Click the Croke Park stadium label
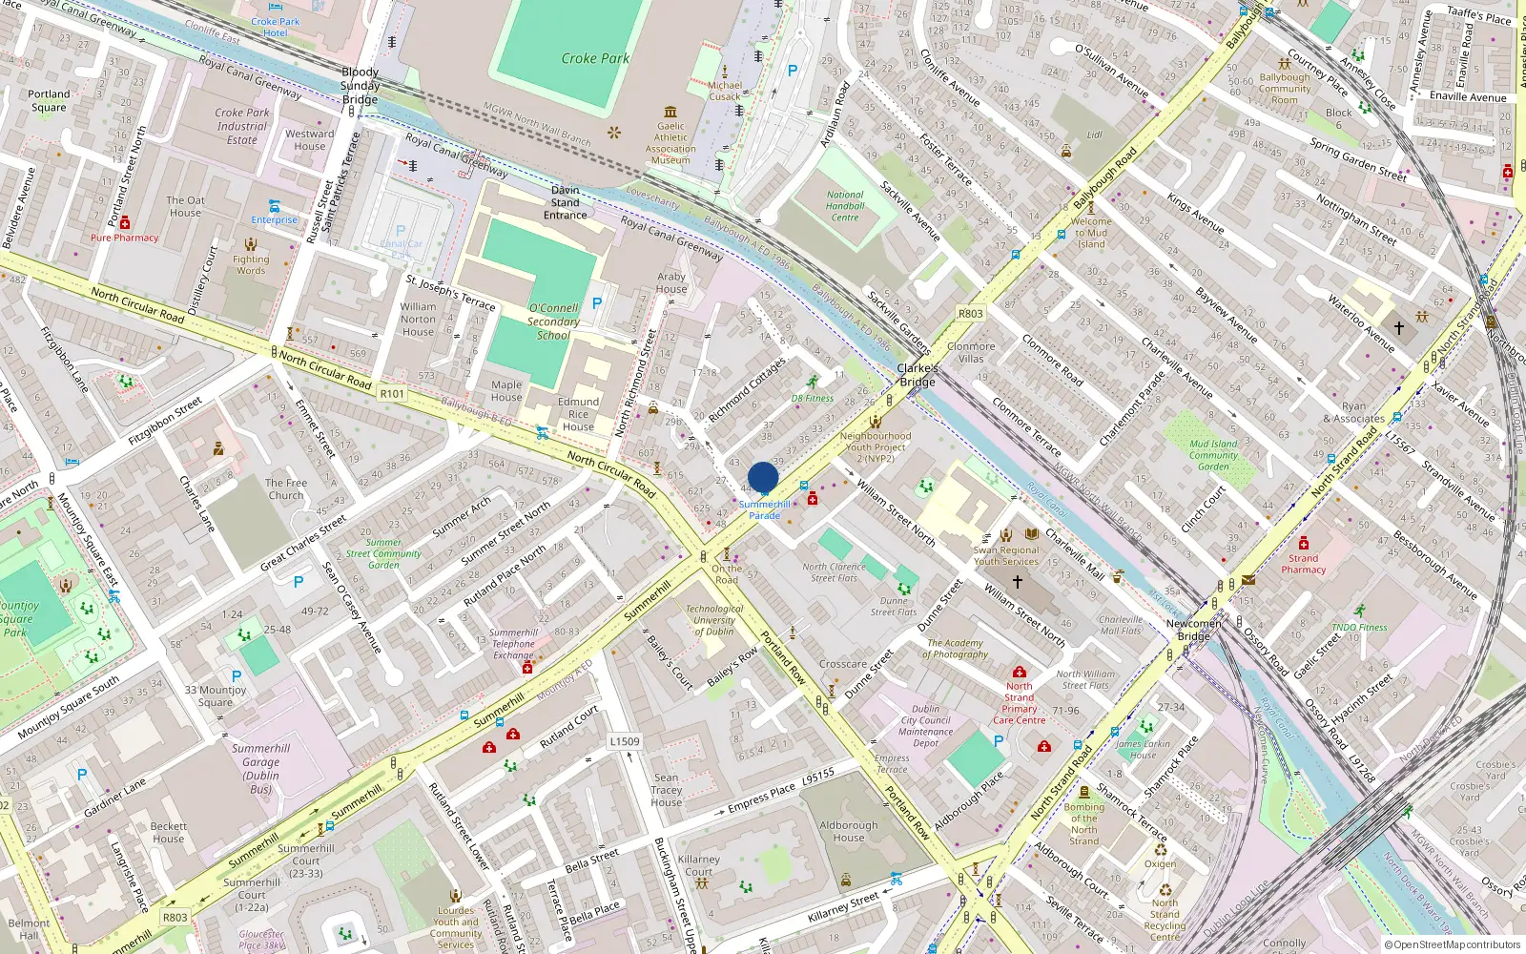(x=595, y=58)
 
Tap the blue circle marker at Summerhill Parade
(x=763, y=478)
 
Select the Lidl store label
(x=1094, y=135)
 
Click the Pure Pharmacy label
(x=125, y=238)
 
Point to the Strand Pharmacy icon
(x=1304, y=544)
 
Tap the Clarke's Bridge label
(x=917, y=375)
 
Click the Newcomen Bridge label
(x=1193, y=630)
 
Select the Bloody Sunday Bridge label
(x=361, y=86)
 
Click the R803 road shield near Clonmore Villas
(x=970, y=314)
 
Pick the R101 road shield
(x=392, y=393)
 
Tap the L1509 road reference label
(x=625, y=741)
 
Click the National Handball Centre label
(x=844, y=206)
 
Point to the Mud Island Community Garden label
(x=1213, y=455)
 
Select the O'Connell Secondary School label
(x=553, y=321)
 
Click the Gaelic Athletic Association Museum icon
(x=670, y=113)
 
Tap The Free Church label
(x=286, y=489)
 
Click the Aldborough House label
(x=848, y=832)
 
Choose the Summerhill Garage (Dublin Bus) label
(x=260, y=768)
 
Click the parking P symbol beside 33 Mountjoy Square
(x=237, y=676)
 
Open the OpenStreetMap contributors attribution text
(x=1452, y=944)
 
